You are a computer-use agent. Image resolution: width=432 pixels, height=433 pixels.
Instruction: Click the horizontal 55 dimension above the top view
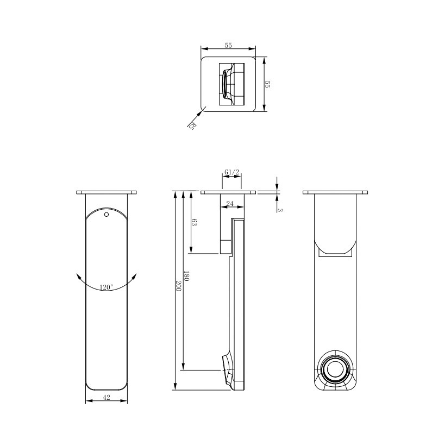[228, 46]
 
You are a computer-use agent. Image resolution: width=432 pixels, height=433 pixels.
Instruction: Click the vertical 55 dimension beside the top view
[267, 84]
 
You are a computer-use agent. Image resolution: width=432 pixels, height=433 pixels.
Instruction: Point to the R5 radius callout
[192, 125]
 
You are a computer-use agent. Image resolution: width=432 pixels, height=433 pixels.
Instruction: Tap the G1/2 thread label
[231, 172]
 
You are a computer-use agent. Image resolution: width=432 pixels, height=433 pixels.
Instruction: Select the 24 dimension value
[230, 204]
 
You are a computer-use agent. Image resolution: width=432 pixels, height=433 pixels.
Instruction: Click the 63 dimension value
[194, 222]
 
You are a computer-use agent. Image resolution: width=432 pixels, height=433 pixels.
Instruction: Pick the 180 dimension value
[186, 276]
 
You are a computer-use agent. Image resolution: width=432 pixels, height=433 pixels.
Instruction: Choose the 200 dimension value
[178, 286]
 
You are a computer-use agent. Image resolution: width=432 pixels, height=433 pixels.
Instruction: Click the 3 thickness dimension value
[280, 210]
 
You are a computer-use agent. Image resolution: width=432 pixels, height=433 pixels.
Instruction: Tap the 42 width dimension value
[107, 397]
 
